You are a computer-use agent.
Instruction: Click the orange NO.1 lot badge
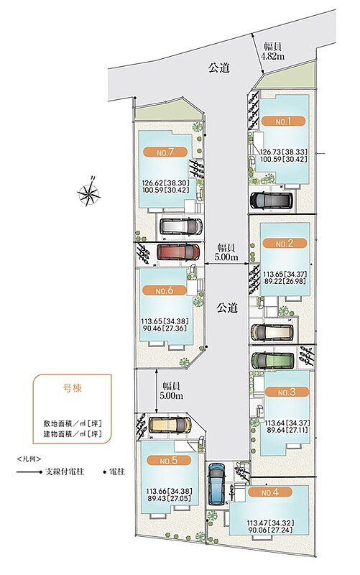point(283,121)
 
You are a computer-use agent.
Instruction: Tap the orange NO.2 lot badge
point(285,243)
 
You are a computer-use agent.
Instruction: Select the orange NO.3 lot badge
point(287,392)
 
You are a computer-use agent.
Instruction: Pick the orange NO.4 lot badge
point(270,492)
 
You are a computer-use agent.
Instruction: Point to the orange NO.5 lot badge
point(169,461)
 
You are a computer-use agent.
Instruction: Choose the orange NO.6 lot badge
point(165,290)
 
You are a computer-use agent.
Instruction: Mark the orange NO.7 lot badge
point(165,152)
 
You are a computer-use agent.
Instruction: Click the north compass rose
point(89,191)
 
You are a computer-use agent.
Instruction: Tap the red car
point(178,252)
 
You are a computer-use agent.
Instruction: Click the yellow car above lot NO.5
point(170,425)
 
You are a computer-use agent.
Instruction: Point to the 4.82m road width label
point(273,51)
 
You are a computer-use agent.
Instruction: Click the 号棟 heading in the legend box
point(73,388)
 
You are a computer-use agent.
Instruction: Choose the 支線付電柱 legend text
point(64,471)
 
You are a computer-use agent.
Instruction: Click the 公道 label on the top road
point(219,68)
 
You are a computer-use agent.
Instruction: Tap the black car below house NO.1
point(272,201)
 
